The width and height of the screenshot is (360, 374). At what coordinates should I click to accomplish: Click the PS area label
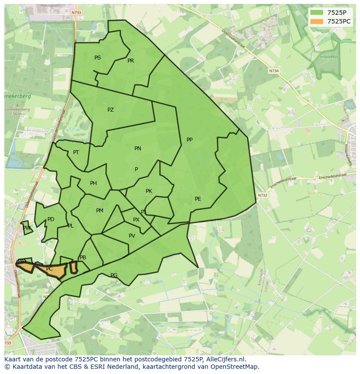[97, 58]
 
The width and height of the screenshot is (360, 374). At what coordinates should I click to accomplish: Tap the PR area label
[130, 61]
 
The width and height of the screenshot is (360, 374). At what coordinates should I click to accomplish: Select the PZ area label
[110, 110]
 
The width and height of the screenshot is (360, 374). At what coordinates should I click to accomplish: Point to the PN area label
[138, 149]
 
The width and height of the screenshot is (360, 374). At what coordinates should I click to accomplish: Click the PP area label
[190, 140]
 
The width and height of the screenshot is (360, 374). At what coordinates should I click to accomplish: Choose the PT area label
[76, 152]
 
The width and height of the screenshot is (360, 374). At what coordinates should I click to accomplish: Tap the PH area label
[93, 183]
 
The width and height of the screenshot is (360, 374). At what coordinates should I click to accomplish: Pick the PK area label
[149, 191]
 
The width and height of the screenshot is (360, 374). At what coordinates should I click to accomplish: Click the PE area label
[198, 199]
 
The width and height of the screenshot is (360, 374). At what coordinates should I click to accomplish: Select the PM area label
[100, 211]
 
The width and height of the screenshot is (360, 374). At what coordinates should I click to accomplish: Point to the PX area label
[136, 220]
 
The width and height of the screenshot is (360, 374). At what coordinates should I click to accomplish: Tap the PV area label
[132, 236]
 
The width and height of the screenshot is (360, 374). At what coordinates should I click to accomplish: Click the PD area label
[51, 219]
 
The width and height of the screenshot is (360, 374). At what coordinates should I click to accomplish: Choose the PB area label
[83, 258]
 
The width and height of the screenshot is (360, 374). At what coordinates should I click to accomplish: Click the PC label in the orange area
[49, 269]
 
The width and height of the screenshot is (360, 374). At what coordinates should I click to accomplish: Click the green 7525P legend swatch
[317, 13]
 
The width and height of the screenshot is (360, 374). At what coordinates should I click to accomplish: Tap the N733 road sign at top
[76, 13]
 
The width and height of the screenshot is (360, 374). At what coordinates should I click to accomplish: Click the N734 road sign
[273, 70]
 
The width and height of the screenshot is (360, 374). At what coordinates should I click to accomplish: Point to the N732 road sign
[262, 195]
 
